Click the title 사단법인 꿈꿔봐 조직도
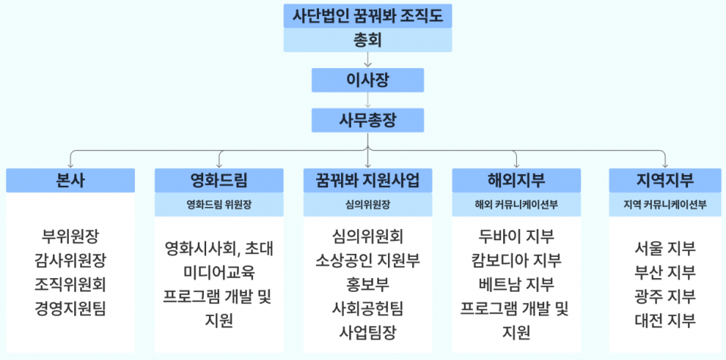tap(368, 14)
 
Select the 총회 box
tap(368, 39)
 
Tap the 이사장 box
tap(368, 80)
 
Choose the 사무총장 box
tap(368, 120)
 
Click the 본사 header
tap(70, 180)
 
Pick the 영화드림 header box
tap(219, 180)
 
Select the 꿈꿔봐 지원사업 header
tap(368, 180)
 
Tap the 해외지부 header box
tap(516, 180)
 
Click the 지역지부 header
tap(665, 180)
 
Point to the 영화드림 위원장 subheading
tap(219, 204)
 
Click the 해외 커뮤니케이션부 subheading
tap(516, 204)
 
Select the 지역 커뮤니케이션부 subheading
tap(665, 204)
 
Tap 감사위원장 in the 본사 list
tap(70, 260)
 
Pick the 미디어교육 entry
tap(219, 271)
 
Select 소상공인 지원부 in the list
tap(368, 260)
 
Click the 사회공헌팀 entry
tap(368, 308)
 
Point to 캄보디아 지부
tap(516, 260)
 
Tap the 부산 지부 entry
tap(665, 272)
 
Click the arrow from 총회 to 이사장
tap(368, 61)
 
